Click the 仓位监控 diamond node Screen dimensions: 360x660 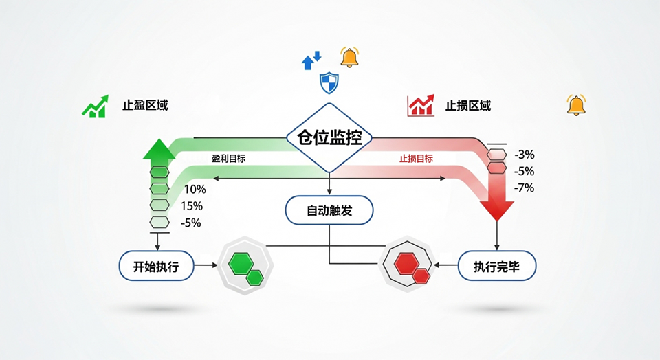[x=329, y=137]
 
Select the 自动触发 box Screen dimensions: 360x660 [x=329, y=210]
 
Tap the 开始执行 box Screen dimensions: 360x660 [x=155, y=267]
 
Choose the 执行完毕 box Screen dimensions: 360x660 [x=496, y=267]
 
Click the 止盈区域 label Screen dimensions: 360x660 [x=145, y=106]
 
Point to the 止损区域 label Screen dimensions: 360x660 [x=468, y=106]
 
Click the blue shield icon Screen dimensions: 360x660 [x=330, y=83]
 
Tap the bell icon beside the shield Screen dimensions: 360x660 [x=350, y=57]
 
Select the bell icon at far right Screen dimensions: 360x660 [x=576, y=105]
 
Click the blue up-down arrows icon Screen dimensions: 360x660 [x=311, y=60]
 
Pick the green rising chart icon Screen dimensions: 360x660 [x=95, y=106]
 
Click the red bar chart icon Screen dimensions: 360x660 [x=420, y=106]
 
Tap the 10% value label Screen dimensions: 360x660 [x=195, y=189]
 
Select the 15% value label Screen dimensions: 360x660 [x=192, y=206]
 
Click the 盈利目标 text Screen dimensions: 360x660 [x=229, y=158]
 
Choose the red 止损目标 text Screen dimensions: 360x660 [x=417, y=158]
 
